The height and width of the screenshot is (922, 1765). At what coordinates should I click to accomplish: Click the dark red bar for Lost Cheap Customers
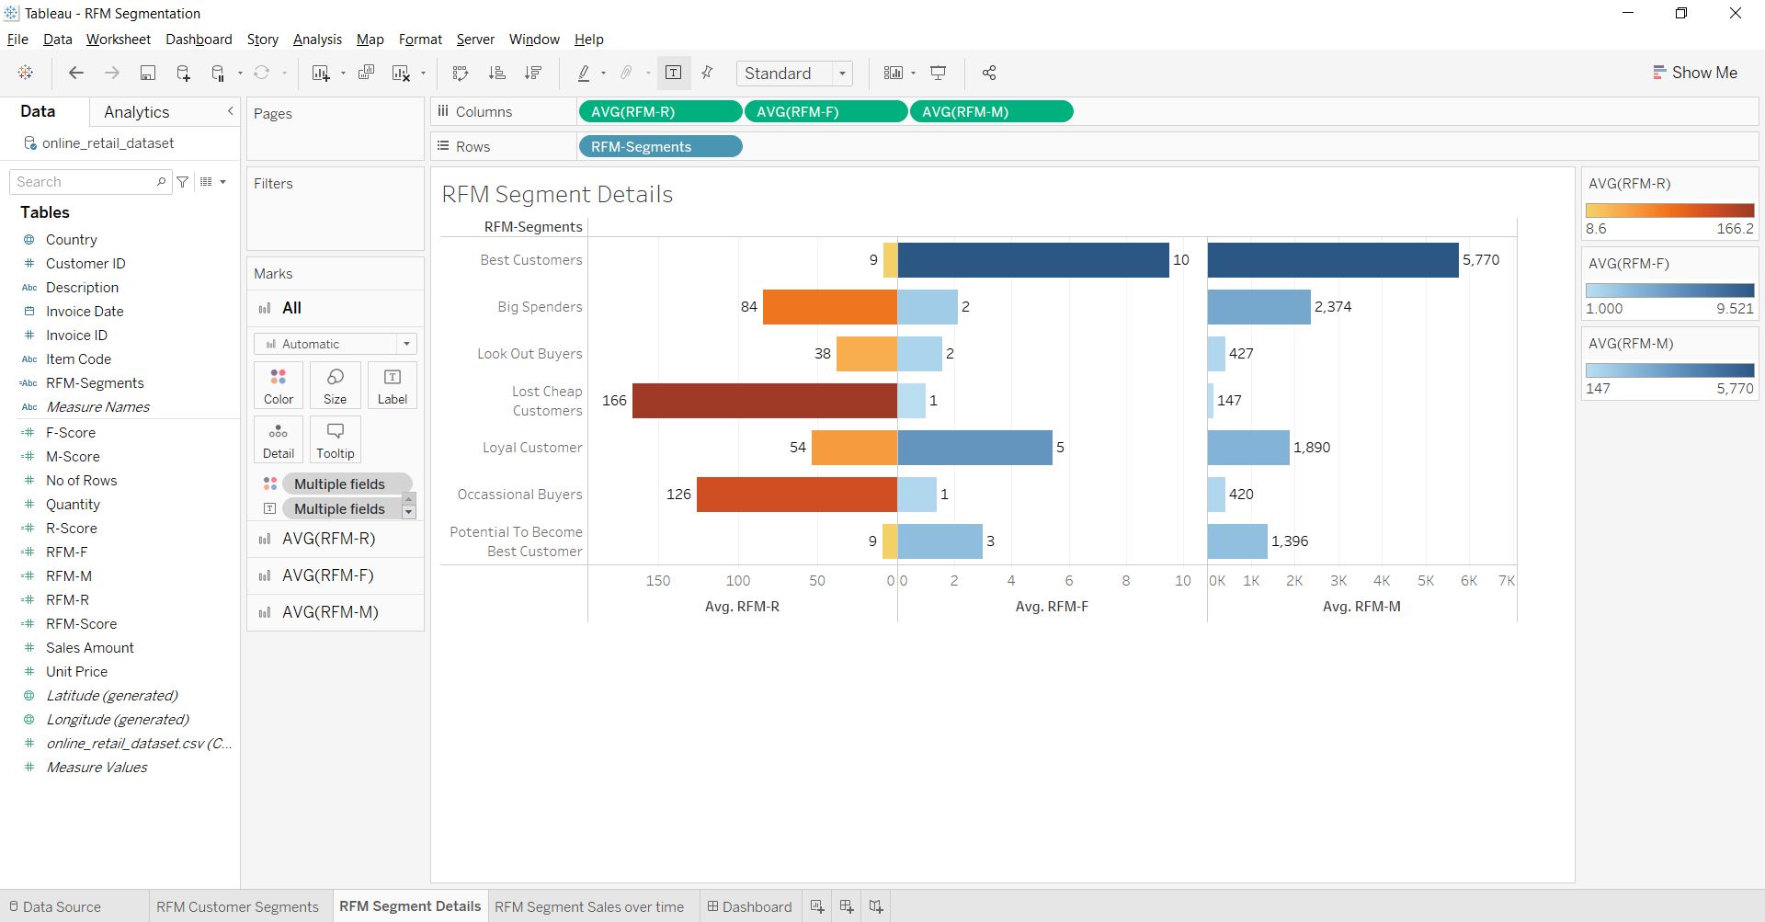click(764, 401)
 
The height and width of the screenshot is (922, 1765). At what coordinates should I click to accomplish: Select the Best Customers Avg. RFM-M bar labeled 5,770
click(1332, 260)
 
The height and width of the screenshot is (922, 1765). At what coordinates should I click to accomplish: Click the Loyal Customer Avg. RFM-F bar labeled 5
click(974, 448)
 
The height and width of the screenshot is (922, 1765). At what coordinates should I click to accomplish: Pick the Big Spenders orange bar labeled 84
click(829, 307)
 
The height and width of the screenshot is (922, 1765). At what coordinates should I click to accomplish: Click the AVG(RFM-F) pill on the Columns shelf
click(825, 112)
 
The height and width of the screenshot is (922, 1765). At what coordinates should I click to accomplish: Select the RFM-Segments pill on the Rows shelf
click(659, 147)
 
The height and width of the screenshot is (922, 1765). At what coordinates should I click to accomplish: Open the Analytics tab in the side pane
click(136, 112)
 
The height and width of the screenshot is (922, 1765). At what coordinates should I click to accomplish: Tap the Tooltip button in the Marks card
click(335, 439)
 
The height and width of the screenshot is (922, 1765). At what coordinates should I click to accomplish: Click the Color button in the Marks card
click(278, 385)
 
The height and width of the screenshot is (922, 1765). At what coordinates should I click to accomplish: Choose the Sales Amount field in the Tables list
click(89, 648)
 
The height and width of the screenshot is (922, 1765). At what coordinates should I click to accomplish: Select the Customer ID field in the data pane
click(85, 264)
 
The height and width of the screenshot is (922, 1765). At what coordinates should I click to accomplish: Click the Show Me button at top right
click(1694, 73)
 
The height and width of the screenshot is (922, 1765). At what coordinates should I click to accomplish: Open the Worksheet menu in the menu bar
click(118, 40)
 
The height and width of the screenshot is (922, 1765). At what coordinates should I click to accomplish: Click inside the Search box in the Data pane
click(83, 182)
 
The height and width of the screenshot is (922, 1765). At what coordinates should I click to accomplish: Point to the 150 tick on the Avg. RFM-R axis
click(657, 581)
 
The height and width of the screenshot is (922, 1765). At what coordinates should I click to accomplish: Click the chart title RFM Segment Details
click(557, 195)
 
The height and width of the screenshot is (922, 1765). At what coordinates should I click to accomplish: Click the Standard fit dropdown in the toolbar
click(793, 74)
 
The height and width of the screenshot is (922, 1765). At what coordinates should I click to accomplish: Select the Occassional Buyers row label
click(519, 495)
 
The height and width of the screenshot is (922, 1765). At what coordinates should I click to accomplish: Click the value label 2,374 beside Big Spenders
click(1332, 307)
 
